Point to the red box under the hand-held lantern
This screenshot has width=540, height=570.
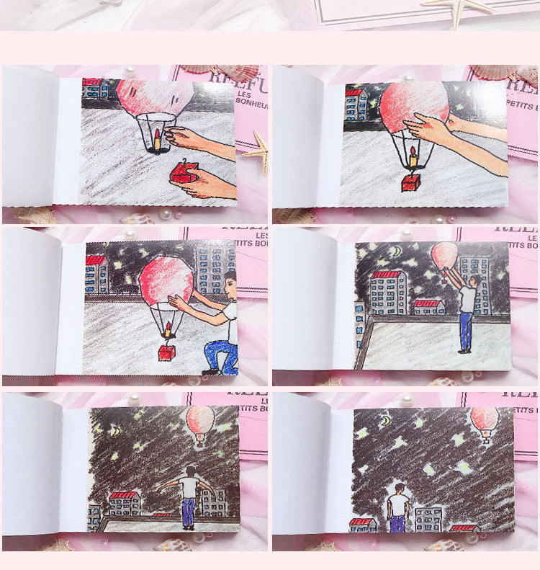[410, 182]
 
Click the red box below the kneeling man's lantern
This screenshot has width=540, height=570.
[167, 352]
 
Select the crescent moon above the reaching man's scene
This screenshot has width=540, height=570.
[394, 251]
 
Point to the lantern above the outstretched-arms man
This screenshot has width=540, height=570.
[199, 422]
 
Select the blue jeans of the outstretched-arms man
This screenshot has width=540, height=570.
[188, 512]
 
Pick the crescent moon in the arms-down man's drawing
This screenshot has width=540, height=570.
[386, 419]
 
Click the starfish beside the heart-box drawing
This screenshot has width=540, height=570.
[258, 151]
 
